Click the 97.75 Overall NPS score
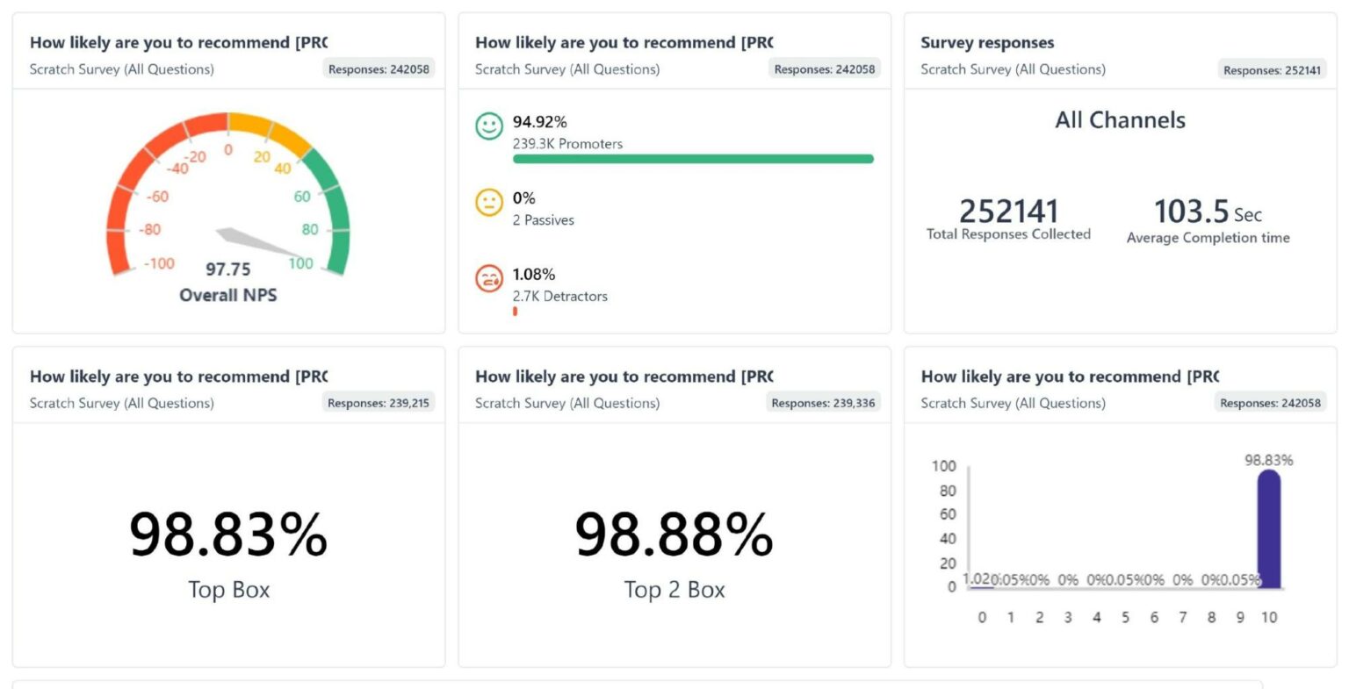(227, 269)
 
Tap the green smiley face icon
(489, 126)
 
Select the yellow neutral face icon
(489, 203)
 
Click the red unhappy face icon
(489, 278)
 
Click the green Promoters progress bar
(693, 159)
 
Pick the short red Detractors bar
(515, 311)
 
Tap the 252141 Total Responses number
(1008, 212)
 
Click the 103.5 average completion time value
(1191, 212)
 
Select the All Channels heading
(1120, 120)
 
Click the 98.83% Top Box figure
(228, 535)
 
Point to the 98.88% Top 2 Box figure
(674, 535)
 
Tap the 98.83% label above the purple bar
(1268, 460)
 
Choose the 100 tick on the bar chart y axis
(943, 466)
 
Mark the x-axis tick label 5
(1125, 617)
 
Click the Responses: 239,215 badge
(379, 403)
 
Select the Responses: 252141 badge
(1272, 70)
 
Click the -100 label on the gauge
(159, 263)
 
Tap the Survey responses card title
(987, 42)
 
